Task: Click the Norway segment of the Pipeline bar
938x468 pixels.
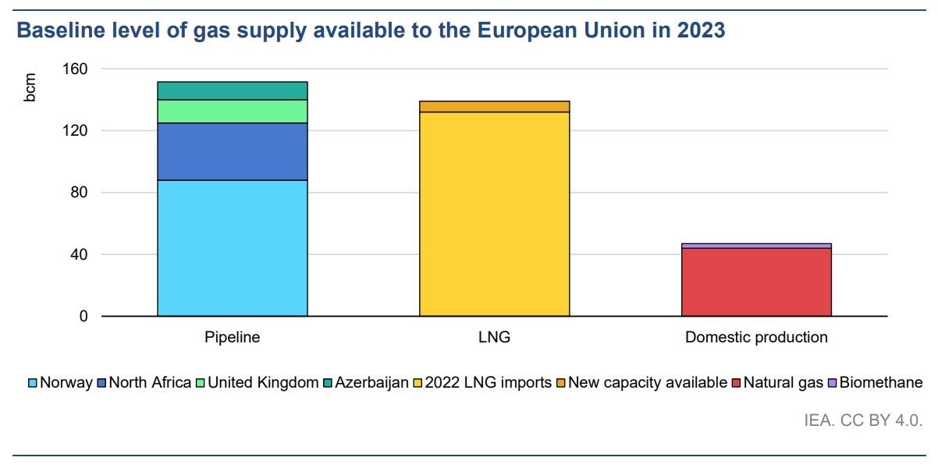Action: coord(232,248)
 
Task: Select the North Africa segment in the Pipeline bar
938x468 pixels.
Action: coord(232,151)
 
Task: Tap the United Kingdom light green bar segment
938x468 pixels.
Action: coord(232,112)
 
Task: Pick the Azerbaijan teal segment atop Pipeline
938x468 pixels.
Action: coord(232,90)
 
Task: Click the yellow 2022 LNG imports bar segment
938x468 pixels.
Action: coord(494,214)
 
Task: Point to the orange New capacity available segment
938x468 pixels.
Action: coord(494,107)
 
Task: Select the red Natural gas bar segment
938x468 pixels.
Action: coord(756,282)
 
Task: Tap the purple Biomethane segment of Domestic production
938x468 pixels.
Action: coord(756,246)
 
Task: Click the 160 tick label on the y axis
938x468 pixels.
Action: coord(75,69)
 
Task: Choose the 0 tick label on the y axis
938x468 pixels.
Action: coord(83,317)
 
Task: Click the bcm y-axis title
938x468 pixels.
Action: coord(30,87)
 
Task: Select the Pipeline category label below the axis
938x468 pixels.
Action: coord(232,338)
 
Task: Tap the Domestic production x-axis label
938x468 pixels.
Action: coord(756,338)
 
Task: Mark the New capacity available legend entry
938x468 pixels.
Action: coord(647,383)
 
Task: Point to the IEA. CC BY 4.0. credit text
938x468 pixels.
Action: coord(863,420)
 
